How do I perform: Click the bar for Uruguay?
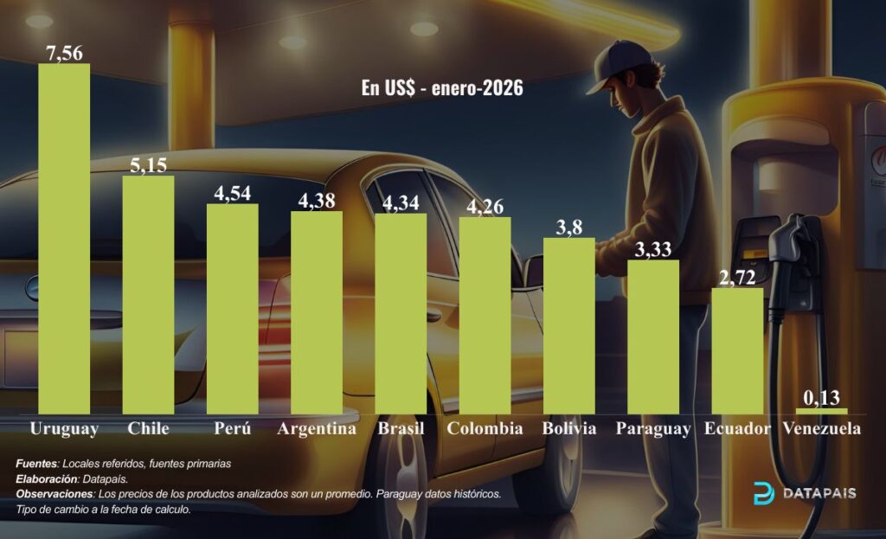(64, 239)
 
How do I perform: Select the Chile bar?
(148, 294)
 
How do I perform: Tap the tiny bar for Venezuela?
(821, 411)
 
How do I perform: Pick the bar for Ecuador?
(737, 350)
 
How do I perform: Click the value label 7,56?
(64, 53)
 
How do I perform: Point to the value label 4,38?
(316, 199)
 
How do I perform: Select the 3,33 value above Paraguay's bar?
(653, 249)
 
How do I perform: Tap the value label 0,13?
(821, 398)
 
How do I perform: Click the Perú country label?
(231, 428)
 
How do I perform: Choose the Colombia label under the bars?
(485, 428)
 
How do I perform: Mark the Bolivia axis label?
(568, 428)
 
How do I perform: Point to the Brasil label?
(401, 428)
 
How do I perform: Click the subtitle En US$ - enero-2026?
(441, 88)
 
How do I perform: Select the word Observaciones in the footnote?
(55, 494)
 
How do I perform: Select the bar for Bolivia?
(568, 325)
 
